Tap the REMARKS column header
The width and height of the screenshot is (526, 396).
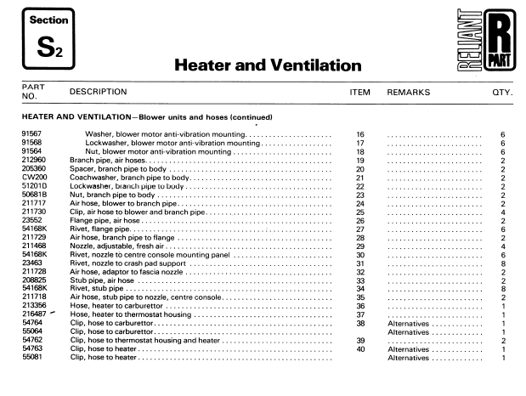[x=408, y=92]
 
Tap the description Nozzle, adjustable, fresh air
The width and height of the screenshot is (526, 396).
[x=125, y=246]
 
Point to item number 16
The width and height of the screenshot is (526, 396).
[x=359, y=135]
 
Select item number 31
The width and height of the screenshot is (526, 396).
[x=359, y=263]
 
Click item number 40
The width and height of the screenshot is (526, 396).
[x=359, y=348]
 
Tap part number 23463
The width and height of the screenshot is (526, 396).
[x=31, y=263]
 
